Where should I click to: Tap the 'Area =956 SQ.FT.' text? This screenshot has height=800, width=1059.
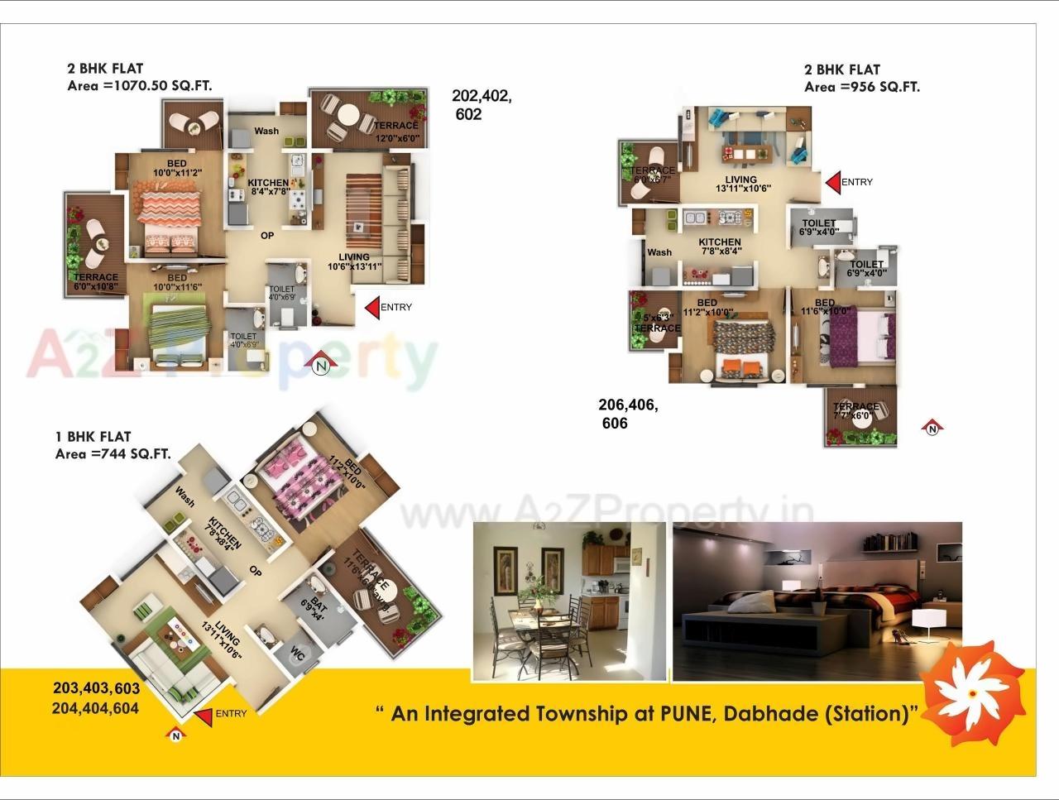[x=862, y=87]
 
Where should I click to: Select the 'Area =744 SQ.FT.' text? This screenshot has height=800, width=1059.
[x=113, y=453]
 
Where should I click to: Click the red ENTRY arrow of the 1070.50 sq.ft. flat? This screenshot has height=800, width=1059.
[x=372, y=307]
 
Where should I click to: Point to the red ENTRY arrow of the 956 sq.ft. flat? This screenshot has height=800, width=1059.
[x=833, y=182]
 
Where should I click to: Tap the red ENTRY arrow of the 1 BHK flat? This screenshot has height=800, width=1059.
[x=202, y=716]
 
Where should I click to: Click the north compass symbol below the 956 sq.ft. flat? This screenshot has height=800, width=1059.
[x=932, y=428]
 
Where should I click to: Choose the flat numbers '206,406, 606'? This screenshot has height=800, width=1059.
[x=628, y=414]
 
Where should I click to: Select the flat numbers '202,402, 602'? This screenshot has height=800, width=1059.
[x=481, y=105]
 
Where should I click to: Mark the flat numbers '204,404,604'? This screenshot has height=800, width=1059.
[x=95, y=708]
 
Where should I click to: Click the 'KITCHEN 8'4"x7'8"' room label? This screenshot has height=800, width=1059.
[x=268, y=187]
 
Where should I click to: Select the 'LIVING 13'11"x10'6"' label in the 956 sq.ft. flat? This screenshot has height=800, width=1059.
[x=742, y=184]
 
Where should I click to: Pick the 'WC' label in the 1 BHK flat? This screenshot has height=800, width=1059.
[x=296, y=652]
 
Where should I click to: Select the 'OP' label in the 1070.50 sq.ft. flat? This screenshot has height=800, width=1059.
[x=267, y=236]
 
